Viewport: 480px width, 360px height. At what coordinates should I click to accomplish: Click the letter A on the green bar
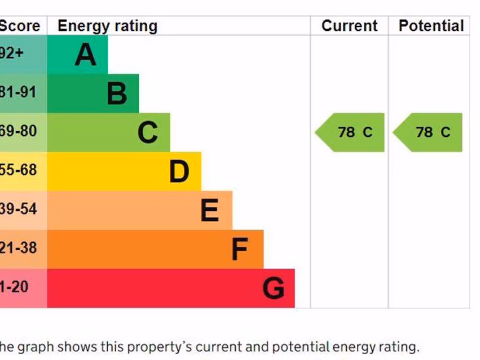click(x=85, y=54)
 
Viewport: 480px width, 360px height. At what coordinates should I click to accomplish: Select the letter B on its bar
click(x=117, y=93)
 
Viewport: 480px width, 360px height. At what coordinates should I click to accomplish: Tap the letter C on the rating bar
click(x=148, y=132)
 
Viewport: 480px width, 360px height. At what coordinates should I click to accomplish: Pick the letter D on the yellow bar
click(x=179, y=171)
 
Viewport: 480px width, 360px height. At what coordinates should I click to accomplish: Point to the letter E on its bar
click(x=210, y=210)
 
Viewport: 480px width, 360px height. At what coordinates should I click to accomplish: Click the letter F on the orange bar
click(x=240, y=249)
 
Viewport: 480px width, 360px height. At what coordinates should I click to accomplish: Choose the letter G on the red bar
click(x=273, y=288)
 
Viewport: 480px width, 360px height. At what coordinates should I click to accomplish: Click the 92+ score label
click(x=11, y=53)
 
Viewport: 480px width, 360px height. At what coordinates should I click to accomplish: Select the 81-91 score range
click(x=18, y=92)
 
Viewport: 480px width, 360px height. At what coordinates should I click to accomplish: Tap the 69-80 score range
click(x=18, y=131)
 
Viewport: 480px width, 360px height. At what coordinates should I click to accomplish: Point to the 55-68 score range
click(x=18, y=170)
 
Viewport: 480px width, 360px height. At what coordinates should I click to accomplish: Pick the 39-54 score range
click(x=18, y=209)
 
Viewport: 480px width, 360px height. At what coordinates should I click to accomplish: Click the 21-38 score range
click(x=18, y=247)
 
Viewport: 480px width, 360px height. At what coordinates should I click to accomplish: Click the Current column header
click(x=349, y=26)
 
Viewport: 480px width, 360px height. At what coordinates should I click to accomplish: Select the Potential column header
click(x=431, y=26)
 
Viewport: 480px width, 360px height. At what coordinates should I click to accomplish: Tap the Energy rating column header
click(x=107, y=26)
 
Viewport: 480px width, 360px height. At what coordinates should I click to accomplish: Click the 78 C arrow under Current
click(x=352, y=132)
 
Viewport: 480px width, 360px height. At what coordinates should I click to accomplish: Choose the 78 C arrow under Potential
click(x=429, y=132)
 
